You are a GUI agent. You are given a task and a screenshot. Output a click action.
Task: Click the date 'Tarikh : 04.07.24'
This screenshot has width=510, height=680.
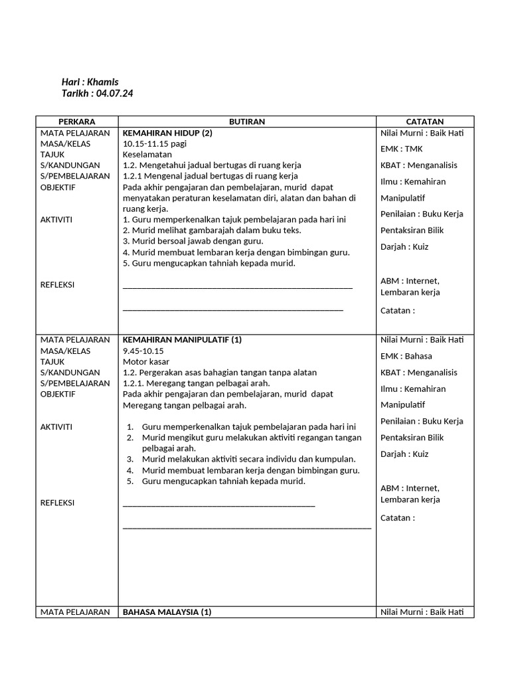pos(97,94)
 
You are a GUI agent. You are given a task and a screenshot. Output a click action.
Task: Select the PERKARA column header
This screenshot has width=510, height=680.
pos(76,122)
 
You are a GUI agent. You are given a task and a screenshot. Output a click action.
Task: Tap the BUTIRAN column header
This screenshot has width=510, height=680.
pos(247,122)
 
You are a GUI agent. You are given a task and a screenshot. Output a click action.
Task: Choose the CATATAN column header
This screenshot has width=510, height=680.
pos(425,122)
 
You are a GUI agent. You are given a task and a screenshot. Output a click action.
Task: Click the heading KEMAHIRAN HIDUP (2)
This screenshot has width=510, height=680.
pos(167,133)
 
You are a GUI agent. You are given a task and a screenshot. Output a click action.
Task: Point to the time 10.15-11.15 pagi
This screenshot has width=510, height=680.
pos(155,143)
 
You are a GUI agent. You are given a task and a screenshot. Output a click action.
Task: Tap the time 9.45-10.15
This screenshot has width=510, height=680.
pos(143,351)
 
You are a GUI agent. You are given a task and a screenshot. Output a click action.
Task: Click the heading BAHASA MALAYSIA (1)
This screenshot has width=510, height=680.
pos(167,612)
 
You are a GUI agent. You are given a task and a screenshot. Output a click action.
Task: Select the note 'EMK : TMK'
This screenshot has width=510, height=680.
pos(401,149)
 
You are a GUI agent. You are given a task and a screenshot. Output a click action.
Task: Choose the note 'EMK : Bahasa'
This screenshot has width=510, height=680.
pos(406,356)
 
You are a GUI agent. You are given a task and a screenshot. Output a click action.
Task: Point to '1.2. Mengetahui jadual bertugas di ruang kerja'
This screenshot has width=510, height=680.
pos(212,165)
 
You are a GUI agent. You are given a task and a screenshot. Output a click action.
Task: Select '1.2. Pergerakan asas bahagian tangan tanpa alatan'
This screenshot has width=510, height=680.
pos(220,373)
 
